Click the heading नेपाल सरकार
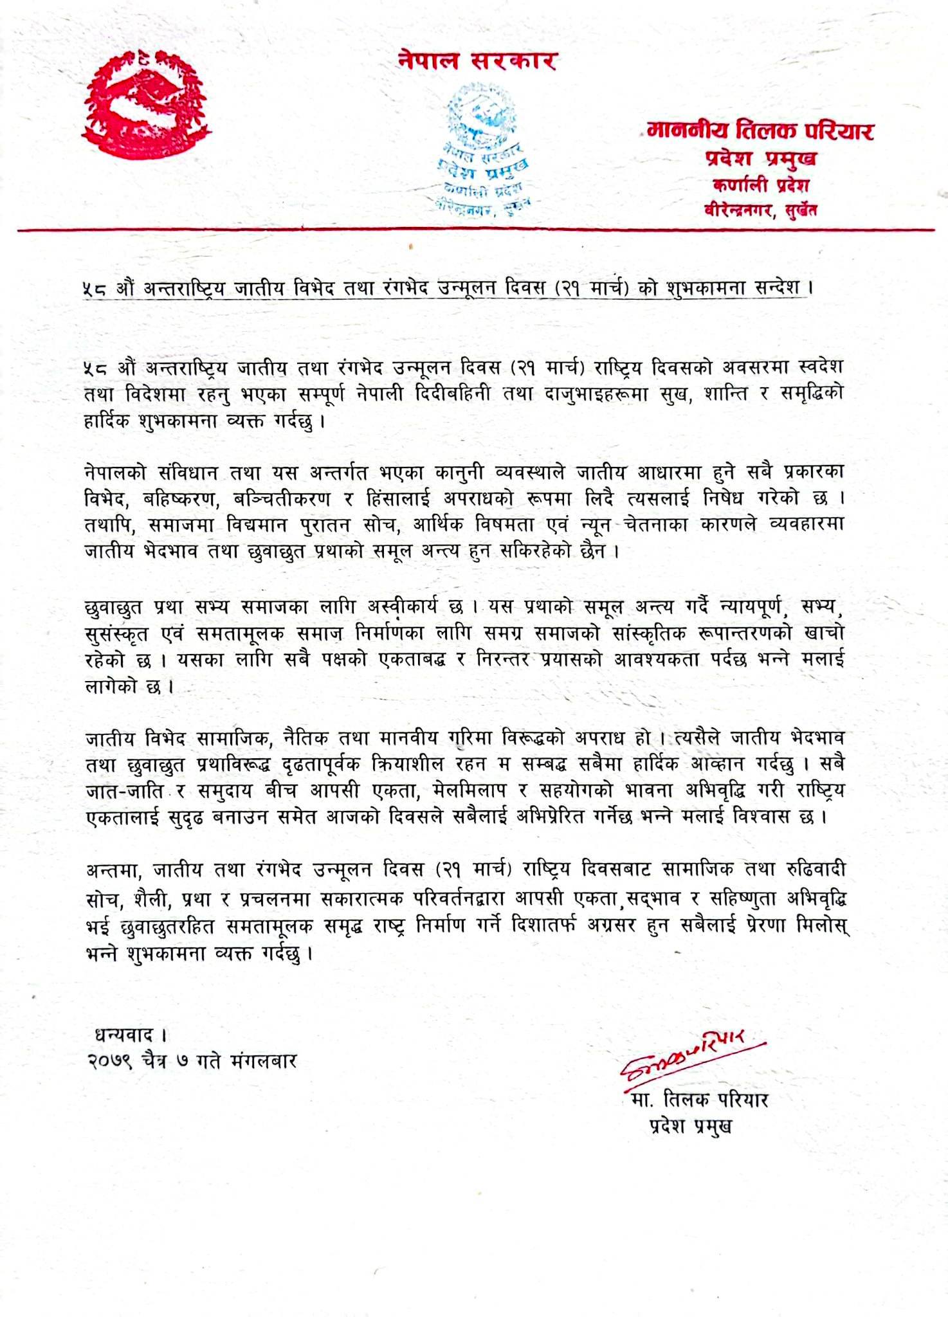pyautogui.click(x=477, y=61)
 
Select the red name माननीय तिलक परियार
pyautogui.click(x=760, y=131)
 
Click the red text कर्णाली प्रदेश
pyautogui.click(x=760, y=185)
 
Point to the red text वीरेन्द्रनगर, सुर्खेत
pyautogui.click(x=760, y=210)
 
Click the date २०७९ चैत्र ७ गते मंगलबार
pyautogui.click(x=192, y=1060)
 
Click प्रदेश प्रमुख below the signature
pyautogui.click(x=691, y=1127)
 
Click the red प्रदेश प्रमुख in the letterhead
pyautogui.click(x=760, y=158)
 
